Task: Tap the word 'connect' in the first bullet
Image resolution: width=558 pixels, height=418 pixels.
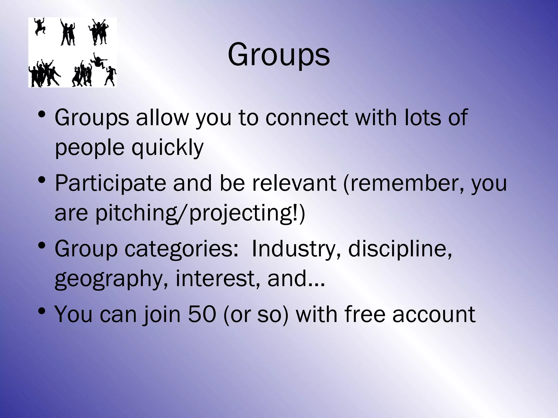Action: [x=307, y=118]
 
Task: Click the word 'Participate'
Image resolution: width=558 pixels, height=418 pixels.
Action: [x=110, y=183]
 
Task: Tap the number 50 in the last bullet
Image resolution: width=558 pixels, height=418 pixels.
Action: [x=202, y=314]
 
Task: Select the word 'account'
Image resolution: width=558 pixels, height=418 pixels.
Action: [x=434, y=314]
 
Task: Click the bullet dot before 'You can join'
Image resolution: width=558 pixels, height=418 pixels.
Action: [x=42, y=311]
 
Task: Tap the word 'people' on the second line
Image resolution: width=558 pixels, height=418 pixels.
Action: [x=90, y=148]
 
